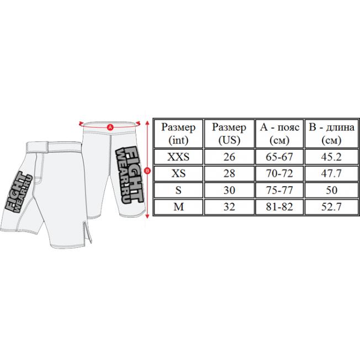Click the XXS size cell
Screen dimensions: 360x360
point(178,157)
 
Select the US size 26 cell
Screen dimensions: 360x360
point(229,157)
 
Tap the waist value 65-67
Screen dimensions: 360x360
point(279,157)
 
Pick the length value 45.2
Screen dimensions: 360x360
point(331,157)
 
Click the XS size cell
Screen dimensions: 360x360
point(178,173)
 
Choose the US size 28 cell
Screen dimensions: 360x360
point(229,173)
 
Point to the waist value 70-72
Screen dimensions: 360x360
point(279,173)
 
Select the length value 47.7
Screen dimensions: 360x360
point(331,173)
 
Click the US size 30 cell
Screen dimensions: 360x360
point(229,190)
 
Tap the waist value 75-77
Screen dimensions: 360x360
point(279,190)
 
